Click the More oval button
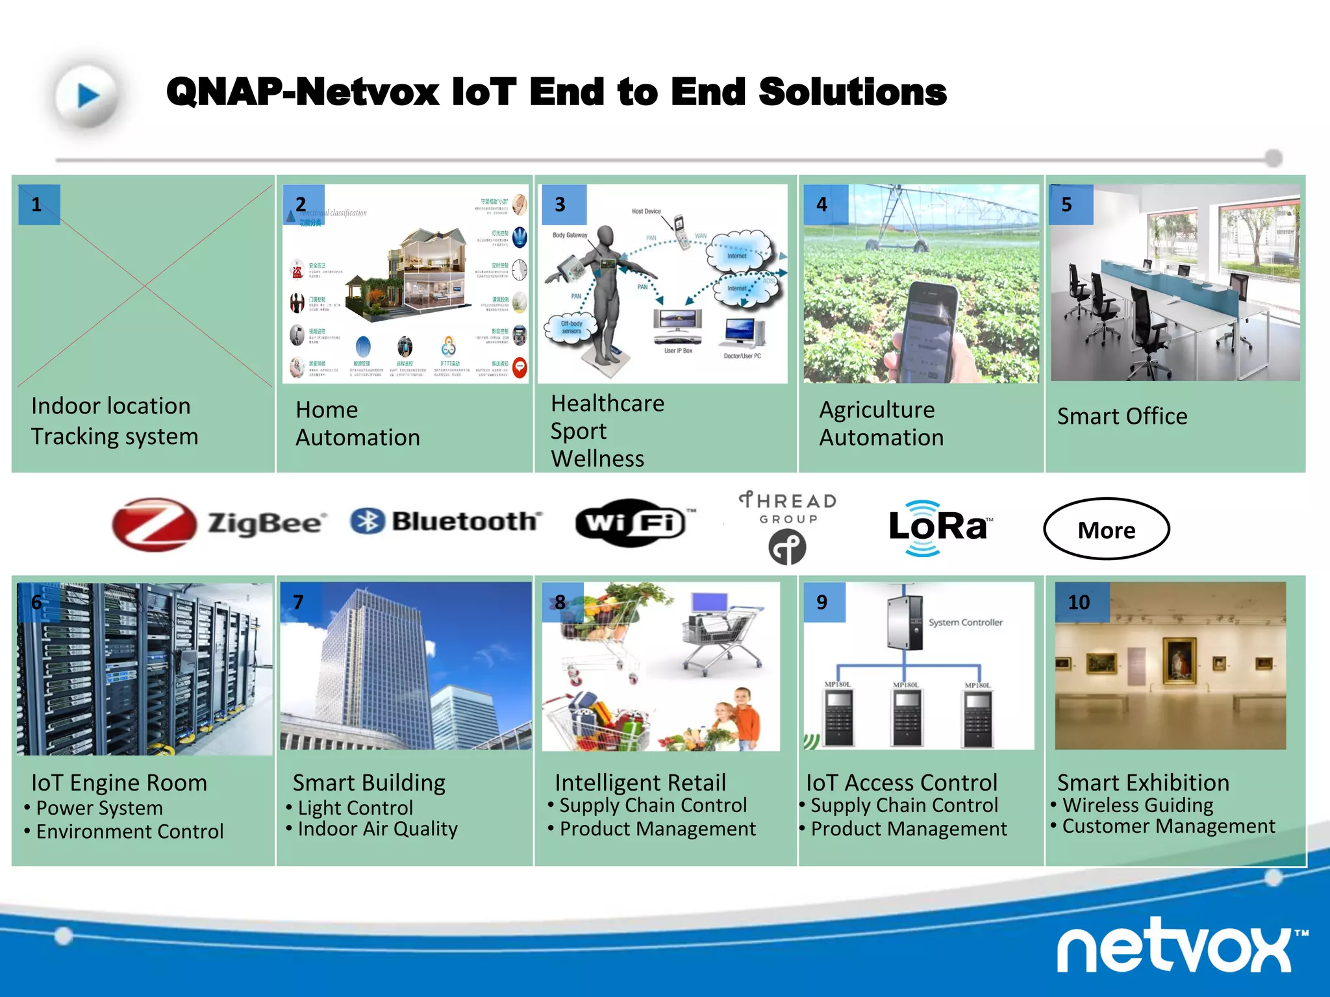pos(1106,529)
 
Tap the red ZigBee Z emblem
pos(154,524)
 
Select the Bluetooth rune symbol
pos(368,521)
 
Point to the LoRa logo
pos(938,527)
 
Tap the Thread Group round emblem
pos(787,547)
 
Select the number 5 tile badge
pos(1070,204)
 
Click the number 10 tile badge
pos(1080,602)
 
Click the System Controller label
pos(965,622)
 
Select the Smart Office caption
pos(1122,416)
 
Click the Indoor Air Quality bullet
pos(377,829)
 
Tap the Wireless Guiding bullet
pos(1137,805)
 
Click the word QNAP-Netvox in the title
pos(303,92)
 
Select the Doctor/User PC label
pos(742,356)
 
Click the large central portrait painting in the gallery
pos(1179,661)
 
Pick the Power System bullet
pos(99,808)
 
